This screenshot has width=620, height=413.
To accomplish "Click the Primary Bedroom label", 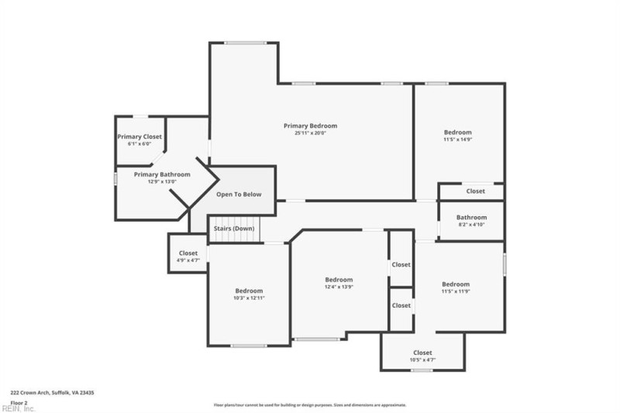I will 310,126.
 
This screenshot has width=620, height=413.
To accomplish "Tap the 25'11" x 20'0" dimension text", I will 310,133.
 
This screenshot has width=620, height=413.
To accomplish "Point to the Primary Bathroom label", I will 162,174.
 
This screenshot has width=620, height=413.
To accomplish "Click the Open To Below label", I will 239,194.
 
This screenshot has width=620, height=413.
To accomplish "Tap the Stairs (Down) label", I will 234,229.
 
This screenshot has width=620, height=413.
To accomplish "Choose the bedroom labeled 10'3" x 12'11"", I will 249,294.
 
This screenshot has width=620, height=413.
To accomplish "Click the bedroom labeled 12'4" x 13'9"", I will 339,284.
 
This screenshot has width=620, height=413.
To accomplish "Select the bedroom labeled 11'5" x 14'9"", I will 457,136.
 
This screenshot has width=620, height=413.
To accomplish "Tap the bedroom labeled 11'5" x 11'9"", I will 456,287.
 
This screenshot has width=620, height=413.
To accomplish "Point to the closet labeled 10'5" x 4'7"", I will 422,356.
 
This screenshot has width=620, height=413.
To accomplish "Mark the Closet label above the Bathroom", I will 475,191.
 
